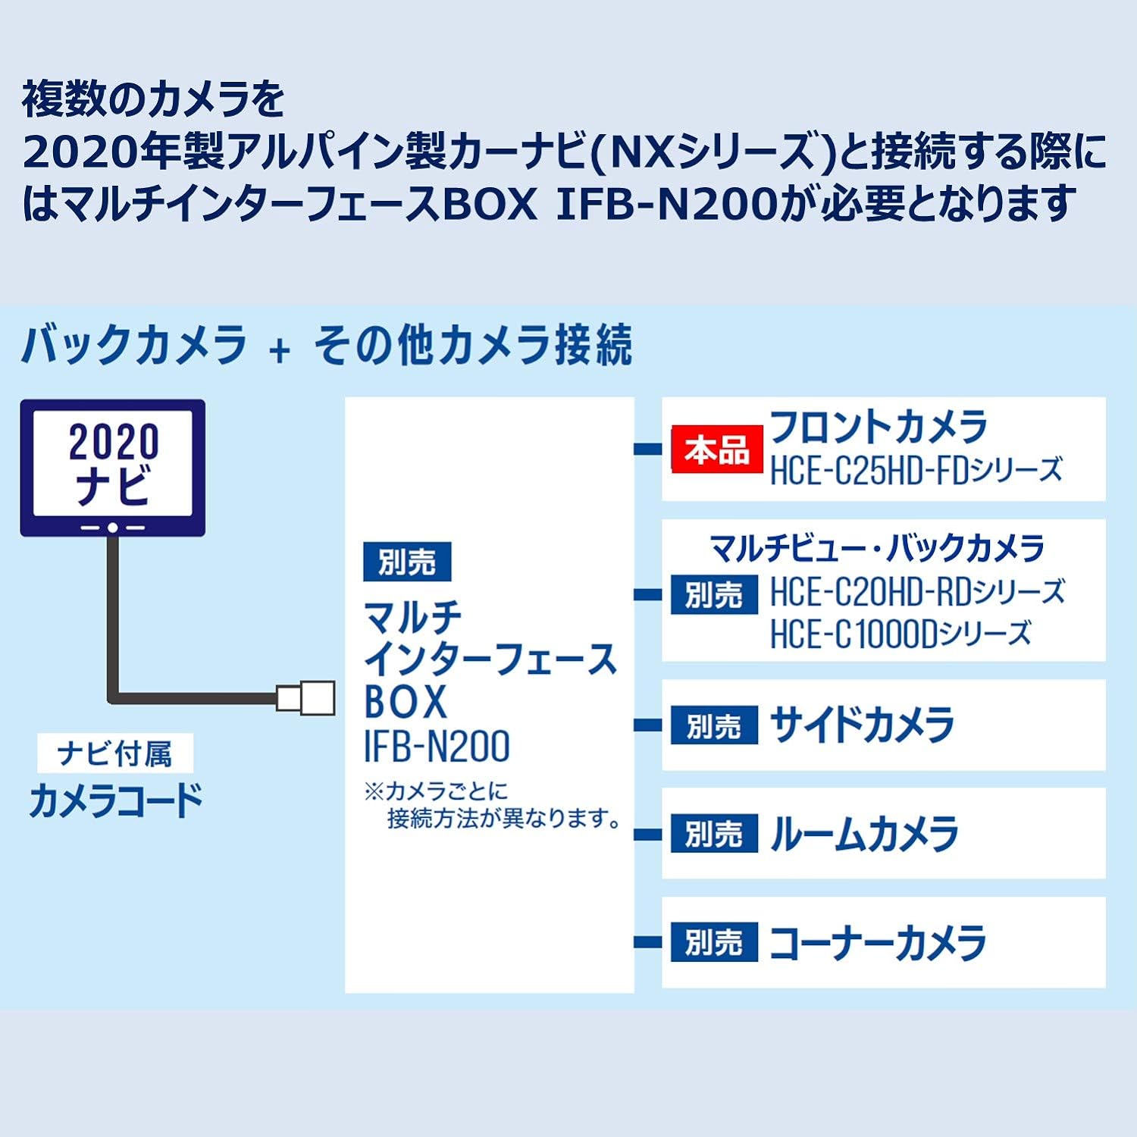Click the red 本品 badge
tap(716, 449)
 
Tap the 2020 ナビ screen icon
tap(113, 468)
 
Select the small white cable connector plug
tap(305, 697)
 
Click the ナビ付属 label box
tap(115, 754)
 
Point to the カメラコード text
tap(116, 800)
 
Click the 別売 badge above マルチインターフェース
tap(407, 562)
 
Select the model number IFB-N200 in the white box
tap(437, 747)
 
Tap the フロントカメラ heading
tap(878, 426)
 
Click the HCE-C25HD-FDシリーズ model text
tap(916, 471)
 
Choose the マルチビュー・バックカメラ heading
tap(877, 548)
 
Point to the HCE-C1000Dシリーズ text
tap(901, 634)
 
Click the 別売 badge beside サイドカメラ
tap(714, 725)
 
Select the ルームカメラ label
tap(863, 834)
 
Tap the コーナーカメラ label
tap(878, 943)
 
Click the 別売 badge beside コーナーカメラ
tap(714, 942)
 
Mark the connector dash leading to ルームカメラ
tap(648, 835)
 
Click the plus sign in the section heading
tap(280, 349)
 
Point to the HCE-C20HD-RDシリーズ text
tap(917, 592)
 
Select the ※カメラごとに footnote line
tap(436, 792)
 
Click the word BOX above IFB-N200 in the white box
tap(406, 702)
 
